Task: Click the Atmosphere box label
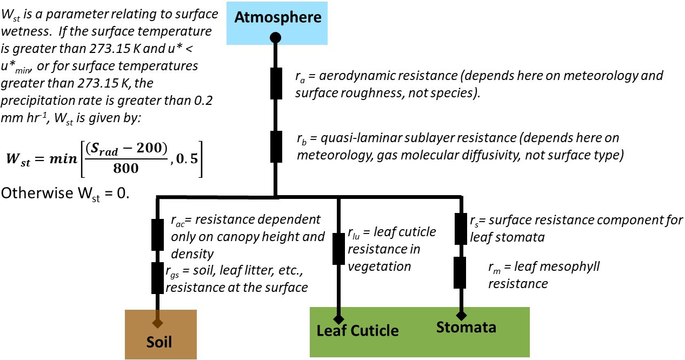pos(278,17)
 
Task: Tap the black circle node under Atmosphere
pos(275,38)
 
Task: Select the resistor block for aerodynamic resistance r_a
pos(276,83)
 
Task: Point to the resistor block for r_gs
pos(158,278)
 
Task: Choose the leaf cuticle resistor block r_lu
pos(338,249)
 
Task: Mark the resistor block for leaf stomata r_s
pos(461,228)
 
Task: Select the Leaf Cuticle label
pos(357,331)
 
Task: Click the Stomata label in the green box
pos(466,327)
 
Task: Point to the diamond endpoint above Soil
pos(157,323)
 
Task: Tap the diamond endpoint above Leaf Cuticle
pos(338,319)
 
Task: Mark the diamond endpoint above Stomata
pos(461,315)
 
